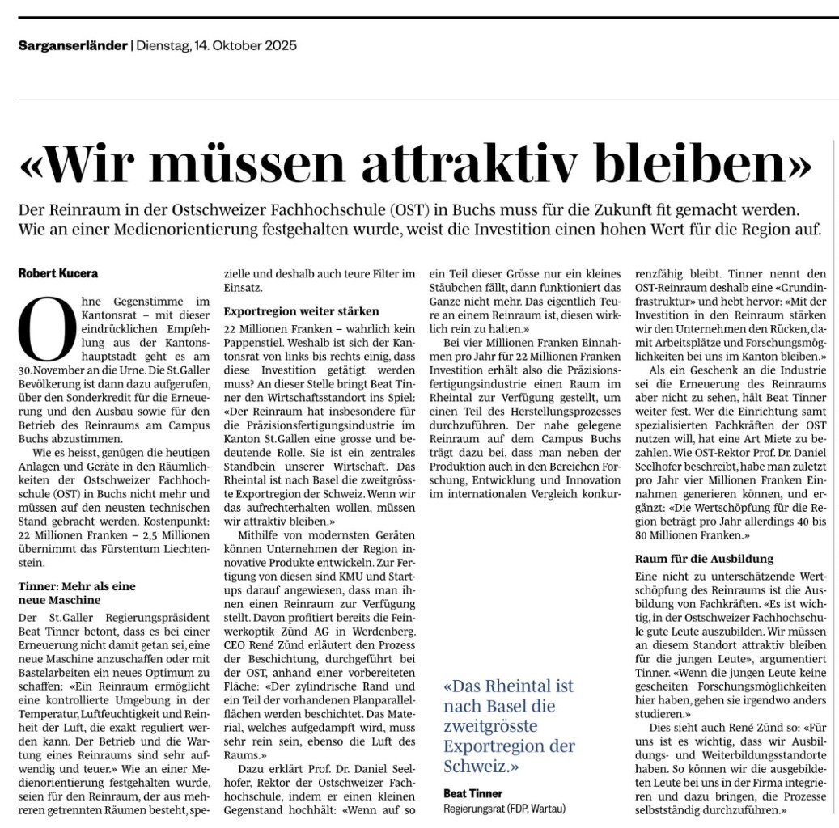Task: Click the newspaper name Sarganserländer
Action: coord(73,45)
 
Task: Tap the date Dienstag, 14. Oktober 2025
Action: coord(216,45)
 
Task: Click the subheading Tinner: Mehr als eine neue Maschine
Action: coord(77,593)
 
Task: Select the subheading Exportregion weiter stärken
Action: coord(301,310)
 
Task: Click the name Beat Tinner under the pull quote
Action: coord(472,792)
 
